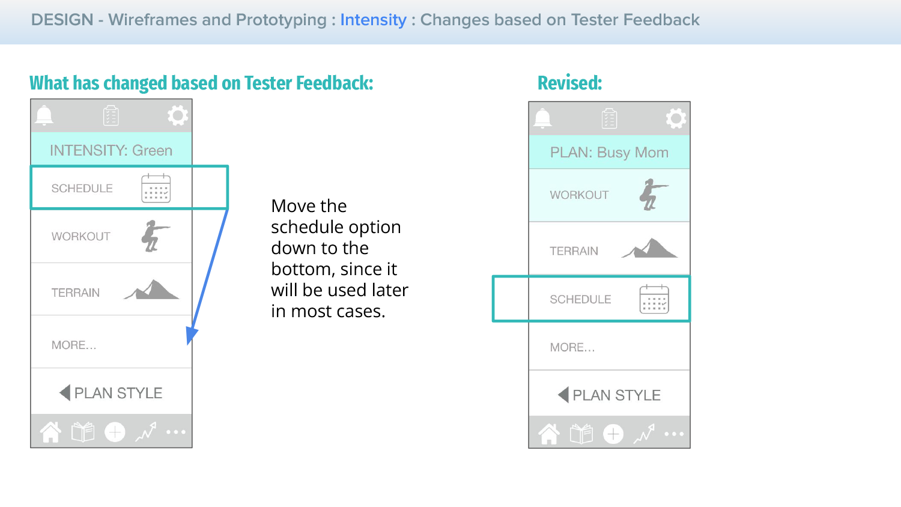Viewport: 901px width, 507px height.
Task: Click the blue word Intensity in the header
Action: tap(373, 20)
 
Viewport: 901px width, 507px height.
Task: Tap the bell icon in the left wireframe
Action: tap(44, 116)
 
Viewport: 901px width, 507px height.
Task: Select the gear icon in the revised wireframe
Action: tap(676, 118)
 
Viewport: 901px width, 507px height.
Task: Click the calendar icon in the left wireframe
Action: tap(156, 188)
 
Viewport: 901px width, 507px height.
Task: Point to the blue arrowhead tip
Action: tap(188, 345)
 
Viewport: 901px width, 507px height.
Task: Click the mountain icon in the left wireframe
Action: tap(151, 290)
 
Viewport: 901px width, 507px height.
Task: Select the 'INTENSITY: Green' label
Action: tap(111, 151)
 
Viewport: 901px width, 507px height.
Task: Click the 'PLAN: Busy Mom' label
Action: tap(609, 153)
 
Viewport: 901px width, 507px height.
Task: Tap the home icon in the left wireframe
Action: tap(50, 432)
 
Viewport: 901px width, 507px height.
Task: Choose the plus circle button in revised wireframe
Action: tap(613, 434)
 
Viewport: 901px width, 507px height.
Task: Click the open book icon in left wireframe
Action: tap(83, 432)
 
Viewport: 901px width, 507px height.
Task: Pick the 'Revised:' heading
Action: tap(569, 83)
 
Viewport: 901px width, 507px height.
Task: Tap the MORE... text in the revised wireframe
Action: tap(572, 347)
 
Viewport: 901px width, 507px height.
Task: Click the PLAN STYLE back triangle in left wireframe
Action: tap(65, 393)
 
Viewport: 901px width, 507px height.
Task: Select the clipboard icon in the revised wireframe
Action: tap(609, 118)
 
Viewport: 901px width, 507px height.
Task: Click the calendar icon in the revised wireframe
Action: tap(654, 299)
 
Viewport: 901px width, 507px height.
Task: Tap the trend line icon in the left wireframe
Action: tap(145, 432)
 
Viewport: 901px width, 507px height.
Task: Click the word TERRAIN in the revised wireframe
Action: tap(574, 251)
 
